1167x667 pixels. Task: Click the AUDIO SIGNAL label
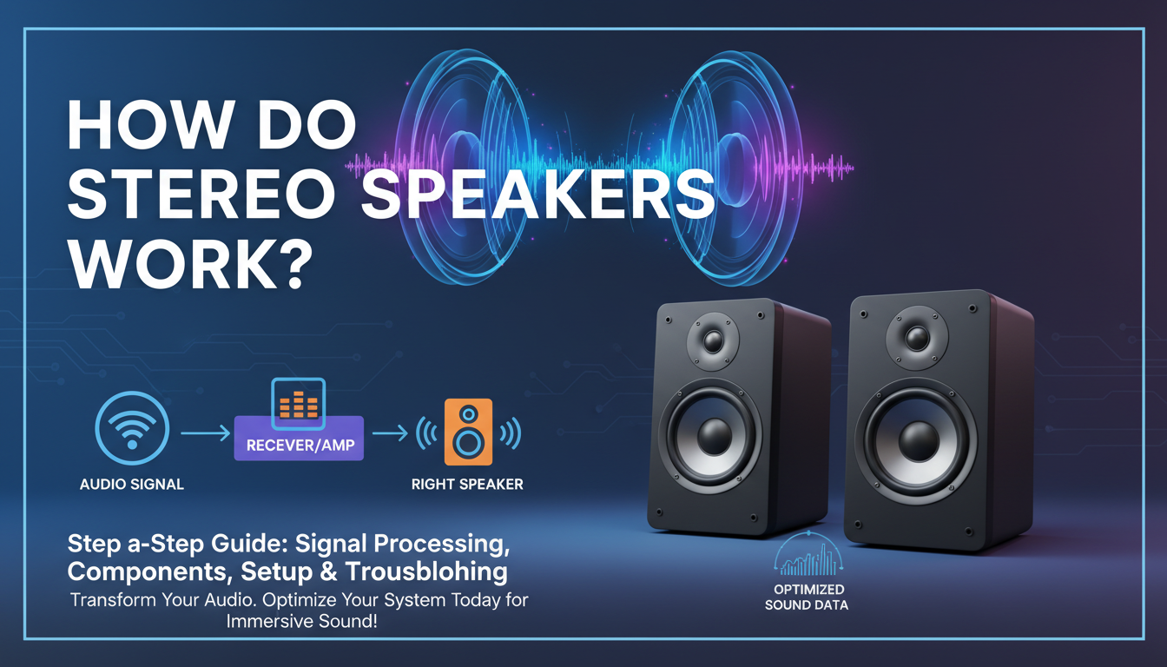[x=132, y=485]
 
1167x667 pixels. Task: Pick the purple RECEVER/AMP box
[x=299, y=446]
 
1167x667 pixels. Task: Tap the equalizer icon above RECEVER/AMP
[x=299, y=404]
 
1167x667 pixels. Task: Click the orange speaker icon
[x=467, y=431]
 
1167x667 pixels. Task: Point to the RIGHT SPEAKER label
[x=467, y=484]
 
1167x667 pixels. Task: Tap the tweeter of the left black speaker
[x=713, y=341]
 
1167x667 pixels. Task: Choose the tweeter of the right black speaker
[x=916, y=337]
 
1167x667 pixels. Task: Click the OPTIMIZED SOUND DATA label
[x=808, y=598]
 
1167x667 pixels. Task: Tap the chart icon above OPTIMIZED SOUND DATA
[x=807, y=556]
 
